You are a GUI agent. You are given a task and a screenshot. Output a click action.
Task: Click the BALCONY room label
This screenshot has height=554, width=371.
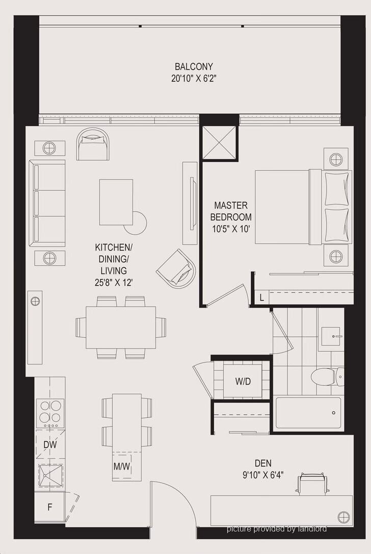pos(194,66)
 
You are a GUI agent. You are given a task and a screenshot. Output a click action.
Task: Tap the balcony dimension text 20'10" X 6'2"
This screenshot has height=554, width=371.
pos(194,79)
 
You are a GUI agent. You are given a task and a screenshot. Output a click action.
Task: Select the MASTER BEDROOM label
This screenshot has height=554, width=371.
pos(231,211)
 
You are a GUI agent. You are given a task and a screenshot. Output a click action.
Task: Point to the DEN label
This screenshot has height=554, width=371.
pos(263,463)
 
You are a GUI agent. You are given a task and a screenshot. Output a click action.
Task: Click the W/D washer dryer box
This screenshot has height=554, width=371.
pos(243,381)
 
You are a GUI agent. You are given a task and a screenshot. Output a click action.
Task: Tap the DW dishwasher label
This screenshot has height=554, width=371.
pos(50,445)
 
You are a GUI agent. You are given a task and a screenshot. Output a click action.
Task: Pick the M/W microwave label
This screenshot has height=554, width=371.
pos(122,466)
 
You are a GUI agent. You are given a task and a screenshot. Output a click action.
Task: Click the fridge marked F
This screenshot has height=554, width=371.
pos(50,508)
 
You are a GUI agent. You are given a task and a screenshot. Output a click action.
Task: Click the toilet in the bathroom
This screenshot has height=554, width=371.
pos(327,376)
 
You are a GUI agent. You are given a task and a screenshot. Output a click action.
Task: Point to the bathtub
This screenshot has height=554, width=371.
pos(308,413)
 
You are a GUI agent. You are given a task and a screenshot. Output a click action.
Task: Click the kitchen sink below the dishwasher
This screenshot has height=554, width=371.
pos(50,475)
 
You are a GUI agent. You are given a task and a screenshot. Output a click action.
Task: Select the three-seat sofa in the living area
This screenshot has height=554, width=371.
pos(48,203)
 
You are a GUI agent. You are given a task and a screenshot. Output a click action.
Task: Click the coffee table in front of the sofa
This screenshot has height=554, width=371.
pos(116,202)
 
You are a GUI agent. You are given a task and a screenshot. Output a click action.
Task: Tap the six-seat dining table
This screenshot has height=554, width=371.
pos(121,328)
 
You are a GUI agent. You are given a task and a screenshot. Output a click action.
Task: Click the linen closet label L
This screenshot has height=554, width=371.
pos(261,298)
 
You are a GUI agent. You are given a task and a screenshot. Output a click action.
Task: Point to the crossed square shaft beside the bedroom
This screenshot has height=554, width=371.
pos(218,142)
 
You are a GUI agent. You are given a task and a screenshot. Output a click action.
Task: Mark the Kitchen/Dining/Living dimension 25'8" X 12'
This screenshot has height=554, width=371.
pos(111,283)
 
